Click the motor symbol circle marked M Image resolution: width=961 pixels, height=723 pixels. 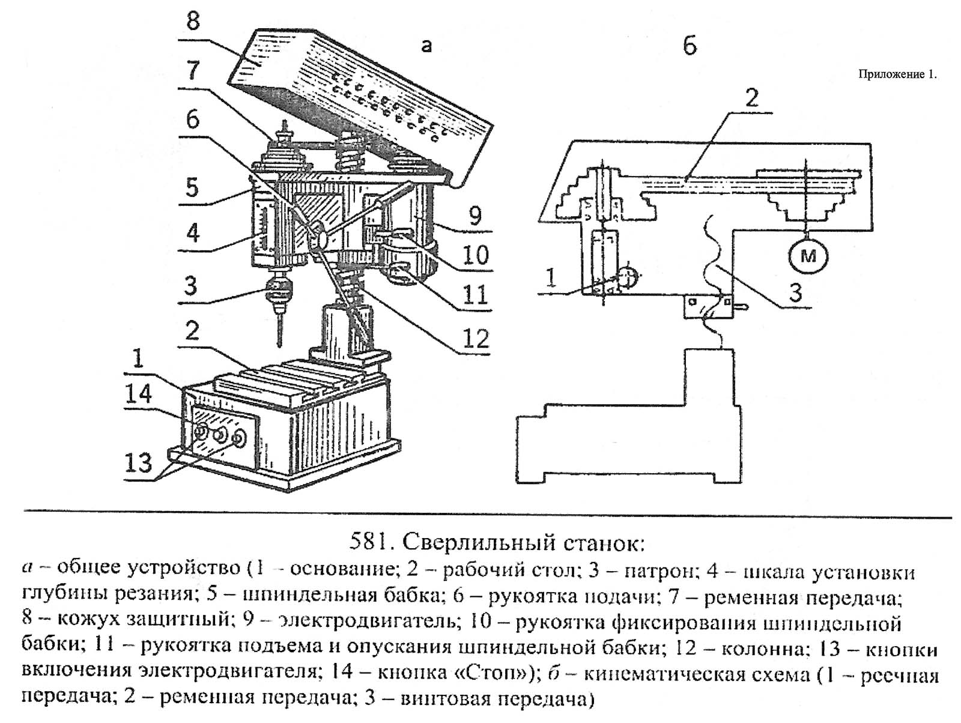(808, 256)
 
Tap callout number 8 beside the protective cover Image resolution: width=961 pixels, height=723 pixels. (193, 21)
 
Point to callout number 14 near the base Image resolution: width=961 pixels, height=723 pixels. (138, 395)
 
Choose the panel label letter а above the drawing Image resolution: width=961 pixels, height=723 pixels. (426, 46)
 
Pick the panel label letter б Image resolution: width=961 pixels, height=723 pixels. (689, 46)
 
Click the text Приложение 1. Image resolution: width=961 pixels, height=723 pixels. (897, 74)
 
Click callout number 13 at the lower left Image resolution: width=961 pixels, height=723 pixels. (138, 462)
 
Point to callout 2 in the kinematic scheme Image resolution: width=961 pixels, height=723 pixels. (752, 99)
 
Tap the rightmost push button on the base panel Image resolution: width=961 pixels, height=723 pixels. (240, 438)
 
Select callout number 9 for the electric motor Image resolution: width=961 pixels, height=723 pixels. (474, 216)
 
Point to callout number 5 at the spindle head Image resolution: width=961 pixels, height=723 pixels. (192, 188)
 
